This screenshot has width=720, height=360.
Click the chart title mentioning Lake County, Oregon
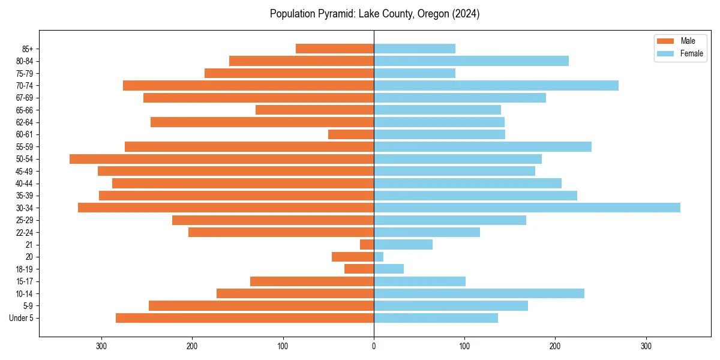point(374,14)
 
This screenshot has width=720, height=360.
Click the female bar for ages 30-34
point(527,208)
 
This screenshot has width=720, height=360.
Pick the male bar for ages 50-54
point(222,159)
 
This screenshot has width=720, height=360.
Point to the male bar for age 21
point(367,244)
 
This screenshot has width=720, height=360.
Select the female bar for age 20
point(379,257)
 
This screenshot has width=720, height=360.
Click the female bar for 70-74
point(496,86)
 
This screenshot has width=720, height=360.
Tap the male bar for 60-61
point(351,134)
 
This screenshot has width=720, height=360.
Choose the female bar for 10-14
point(479,293)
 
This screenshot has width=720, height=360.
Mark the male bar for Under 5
point(245,318)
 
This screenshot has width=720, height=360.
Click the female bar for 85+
point(415,49)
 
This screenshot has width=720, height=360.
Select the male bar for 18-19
point(359,269)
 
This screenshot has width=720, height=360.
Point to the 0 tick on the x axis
point(374,346)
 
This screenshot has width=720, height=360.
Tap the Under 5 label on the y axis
point(21,318)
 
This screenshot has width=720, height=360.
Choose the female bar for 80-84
point(471,61)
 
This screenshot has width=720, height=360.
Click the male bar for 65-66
point(315,110)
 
